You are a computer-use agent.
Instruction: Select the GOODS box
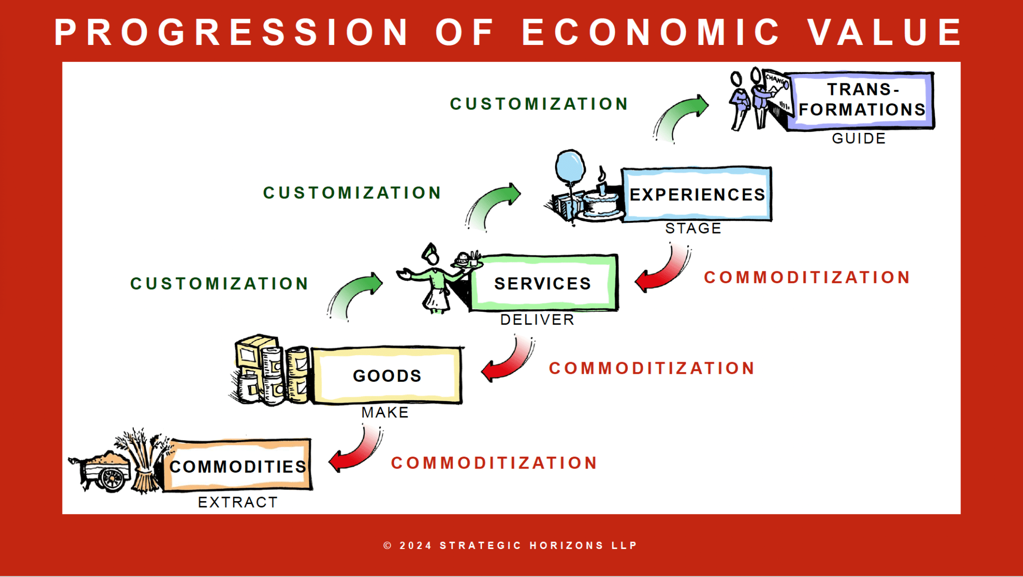387,375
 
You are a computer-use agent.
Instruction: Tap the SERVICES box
543,283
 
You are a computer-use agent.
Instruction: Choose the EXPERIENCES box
697,194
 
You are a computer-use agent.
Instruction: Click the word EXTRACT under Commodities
238,502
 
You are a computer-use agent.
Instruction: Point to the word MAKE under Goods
385,412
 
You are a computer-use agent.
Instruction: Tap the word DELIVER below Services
537,320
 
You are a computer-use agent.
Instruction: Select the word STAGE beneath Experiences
693,228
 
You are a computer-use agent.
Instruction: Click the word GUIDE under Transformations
859,138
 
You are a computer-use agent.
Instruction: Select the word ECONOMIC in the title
651,32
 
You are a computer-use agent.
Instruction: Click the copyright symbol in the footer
388,546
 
